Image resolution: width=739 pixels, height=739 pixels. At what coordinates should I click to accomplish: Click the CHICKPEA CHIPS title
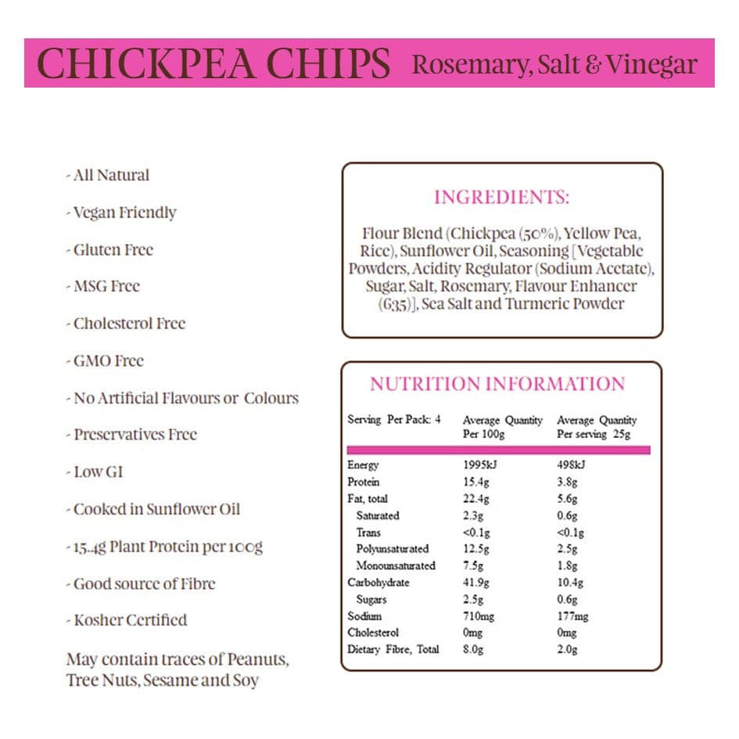click(213, 63)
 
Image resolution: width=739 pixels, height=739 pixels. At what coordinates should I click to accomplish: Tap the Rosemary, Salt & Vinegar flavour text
click(554, 63)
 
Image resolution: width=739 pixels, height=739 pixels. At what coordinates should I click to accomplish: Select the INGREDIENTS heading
click(502, 197)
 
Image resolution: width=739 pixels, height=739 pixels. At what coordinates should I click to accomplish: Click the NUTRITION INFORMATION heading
click(497, 384)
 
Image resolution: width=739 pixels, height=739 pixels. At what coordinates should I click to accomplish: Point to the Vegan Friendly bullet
click(124, 213)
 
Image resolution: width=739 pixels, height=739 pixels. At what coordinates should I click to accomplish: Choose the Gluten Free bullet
click(112, 250)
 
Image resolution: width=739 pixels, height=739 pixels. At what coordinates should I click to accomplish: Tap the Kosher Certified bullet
click(129, 620)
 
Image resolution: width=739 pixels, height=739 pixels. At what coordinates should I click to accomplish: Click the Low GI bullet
click(97, 472)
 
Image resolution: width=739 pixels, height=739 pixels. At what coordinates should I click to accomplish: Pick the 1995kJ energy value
click(479, 465)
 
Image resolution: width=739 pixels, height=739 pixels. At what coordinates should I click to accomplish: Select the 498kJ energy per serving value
click(571, 465)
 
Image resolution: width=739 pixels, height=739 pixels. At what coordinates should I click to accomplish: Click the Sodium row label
click(364, 616)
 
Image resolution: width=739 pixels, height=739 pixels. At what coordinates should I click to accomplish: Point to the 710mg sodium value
click(479, 616)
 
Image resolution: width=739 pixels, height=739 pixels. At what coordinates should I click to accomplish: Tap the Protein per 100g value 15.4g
click(476, 482)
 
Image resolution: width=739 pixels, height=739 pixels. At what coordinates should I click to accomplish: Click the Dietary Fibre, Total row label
click(393, 649)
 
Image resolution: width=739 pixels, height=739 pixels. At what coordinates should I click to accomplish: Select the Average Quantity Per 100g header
click(502, 427)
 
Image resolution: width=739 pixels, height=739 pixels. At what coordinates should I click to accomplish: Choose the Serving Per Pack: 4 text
click(394, 420)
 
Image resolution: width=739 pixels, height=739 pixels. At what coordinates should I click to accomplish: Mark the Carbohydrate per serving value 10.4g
click(570, 583)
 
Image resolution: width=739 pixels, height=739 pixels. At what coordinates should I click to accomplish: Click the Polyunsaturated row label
click(393, 549)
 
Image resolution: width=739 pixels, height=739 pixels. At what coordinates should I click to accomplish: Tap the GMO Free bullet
click(108, 361)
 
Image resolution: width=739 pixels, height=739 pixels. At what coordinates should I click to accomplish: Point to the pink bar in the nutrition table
click(498, 450)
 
